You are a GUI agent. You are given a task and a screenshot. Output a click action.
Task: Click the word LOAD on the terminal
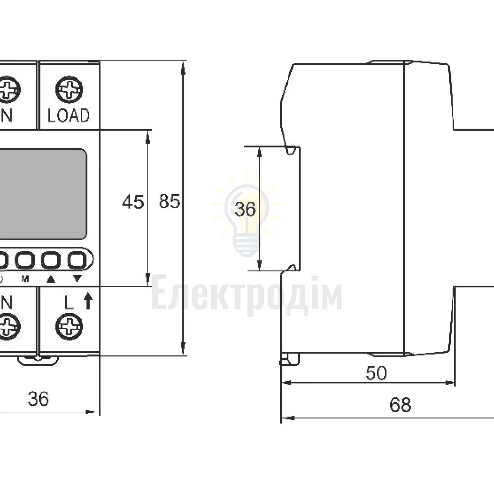pos(69,115)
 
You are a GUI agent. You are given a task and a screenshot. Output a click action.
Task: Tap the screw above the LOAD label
pos(69,89)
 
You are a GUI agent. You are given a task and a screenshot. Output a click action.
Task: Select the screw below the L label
pos(69,327)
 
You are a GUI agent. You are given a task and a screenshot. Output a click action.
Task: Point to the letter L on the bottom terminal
pos(68,302)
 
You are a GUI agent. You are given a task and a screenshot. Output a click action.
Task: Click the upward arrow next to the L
pos(88,301)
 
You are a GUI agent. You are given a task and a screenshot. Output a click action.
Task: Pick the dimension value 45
pos(133,202)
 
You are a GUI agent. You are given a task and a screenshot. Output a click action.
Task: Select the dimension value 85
pos(169,201)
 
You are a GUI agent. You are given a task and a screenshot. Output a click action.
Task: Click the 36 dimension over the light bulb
pos(245,209)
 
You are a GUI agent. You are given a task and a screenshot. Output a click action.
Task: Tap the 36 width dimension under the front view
pos(39,399)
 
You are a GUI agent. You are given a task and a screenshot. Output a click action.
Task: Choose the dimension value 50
pos(376,373)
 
